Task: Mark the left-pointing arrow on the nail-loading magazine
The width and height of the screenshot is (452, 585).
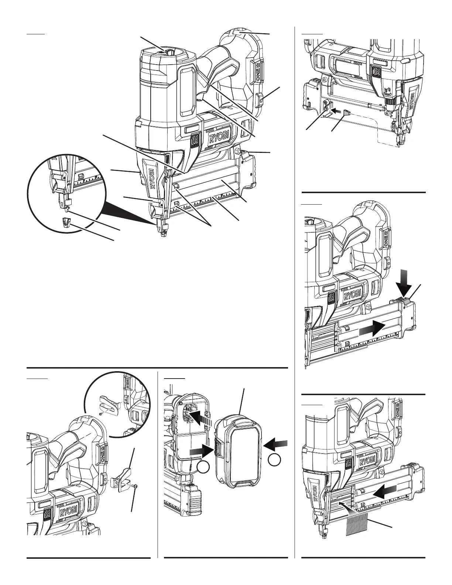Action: [x=385, y=491]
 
